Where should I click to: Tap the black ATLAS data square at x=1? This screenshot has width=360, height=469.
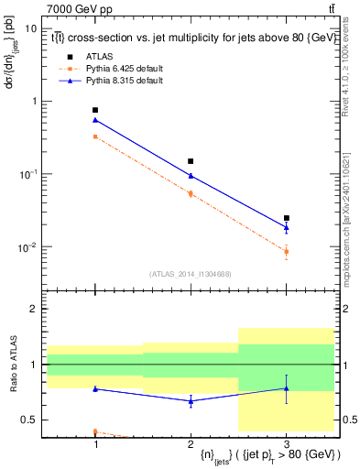pyautogui.click(x=95, y=110)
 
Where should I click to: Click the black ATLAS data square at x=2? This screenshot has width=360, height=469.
pyautogui.click(x=191, y=161)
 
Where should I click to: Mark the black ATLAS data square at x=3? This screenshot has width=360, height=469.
pyautogui.click(x=286, y=218)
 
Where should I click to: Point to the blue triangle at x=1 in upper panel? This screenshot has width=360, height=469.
pyautogui.click(x=95, y=120)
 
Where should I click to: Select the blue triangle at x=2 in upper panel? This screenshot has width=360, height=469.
pyautogui.click(x=191, y=176)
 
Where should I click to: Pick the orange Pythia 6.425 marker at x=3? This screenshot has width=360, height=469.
pyautogui.click(x=286, y=251)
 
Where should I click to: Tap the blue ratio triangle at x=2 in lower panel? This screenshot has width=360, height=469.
pyautogui.click(x=191, y=400)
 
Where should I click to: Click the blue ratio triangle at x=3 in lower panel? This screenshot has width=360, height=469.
pyautogui.click(x=286, y=388)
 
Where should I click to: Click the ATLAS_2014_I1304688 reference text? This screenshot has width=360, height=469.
pyautogui.click(x=190, y=274)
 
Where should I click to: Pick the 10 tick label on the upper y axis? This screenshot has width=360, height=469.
pyautogui.click(x=30, y=28)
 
